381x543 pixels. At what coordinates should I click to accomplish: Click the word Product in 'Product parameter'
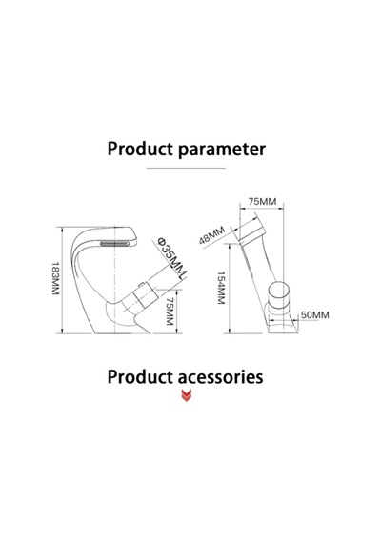click(140, 149)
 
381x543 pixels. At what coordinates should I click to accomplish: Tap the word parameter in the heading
click(222, 150)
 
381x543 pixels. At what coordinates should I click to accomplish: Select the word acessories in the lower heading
click(221, 377)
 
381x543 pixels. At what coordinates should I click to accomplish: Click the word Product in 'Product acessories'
click(140, 377)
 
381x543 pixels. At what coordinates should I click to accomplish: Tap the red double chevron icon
click(187, 396)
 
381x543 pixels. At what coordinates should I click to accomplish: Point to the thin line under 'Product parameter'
click(186, 168)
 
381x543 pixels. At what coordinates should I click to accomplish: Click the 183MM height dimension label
click(55, 279)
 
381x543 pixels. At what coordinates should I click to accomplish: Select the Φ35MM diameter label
click(172, 257)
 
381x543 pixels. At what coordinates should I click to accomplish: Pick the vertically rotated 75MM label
click(170, 312)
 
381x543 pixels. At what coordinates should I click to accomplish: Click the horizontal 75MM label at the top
click(262, 201)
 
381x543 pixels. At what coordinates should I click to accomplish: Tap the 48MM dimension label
click(212, 235)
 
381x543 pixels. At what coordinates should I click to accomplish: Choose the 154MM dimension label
click(221, 288)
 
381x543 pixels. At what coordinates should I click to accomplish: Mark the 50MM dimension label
click(315, 315)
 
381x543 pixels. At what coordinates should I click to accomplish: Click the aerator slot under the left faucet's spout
click(114, 244)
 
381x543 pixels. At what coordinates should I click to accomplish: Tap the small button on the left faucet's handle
click(141, 286)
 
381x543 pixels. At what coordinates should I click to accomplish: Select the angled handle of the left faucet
click(144, 297)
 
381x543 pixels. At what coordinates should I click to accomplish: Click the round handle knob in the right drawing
click(278, 293)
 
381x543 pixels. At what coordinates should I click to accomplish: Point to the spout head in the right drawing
click(253, 230)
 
